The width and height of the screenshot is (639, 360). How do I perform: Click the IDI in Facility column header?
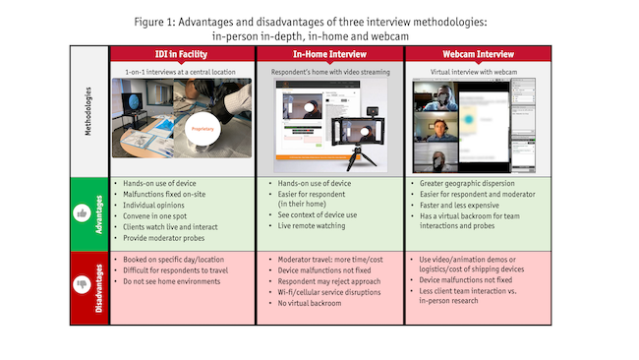181,54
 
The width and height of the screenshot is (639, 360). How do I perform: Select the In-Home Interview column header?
329,54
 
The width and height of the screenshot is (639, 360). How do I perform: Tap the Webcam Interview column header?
478,54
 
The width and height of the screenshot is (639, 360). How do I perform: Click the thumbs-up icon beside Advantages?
82,213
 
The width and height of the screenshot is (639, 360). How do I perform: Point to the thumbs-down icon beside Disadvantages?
82,284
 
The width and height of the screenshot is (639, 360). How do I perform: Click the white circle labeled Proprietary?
203,129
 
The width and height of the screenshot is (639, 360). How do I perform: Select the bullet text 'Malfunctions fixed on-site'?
164,195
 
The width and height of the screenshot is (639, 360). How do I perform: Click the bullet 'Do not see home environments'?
172,281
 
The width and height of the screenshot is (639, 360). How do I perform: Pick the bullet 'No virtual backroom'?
310,303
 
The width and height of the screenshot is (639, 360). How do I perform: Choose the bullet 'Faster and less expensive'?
459,206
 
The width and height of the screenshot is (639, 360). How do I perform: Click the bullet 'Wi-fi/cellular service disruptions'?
329,292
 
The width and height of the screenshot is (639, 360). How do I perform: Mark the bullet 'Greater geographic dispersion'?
467,184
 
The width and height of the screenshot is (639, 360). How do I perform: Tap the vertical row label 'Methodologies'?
88,111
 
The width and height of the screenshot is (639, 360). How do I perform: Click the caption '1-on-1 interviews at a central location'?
180,72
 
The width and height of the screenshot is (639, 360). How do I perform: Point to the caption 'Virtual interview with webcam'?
474,72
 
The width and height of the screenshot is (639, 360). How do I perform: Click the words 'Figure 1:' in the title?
154,22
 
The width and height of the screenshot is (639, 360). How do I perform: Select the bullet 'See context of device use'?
318,214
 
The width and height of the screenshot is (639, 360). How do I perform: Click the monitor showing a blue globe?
133,103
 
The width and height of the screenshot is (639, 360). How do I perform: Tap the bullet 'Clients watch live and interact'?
170,227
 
